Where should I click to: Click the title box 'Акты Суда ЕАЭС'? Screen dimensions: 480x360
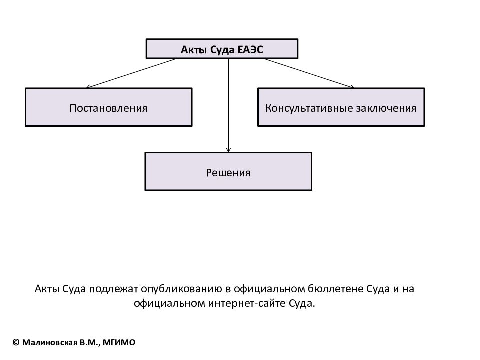(x=222, y=49)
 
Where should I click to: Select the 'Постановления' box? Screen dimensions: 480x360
(x=109, y=107)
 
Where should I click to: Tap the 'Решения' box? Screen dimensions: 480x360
(x=228, y=171)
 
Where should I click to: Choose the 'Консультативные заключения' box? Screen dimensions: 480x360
(x=341, y=107)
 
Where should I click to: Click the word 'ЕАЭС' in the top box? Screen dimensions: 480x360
(x=250, y=49)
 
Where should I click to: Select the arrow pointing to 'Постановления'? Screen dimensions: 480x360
(x=131, y=73)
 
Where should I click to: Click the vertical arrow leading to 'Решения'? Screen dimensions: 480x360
(x=228, y=105)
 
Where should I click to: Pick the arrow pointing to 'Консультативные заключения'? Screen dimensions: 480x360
(x=309, y=73)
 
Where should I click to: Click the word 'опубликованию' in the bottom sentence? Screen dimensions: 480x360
(x=182, y=289)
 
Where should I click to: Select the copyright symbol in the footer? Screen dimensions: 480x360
(x=16, y=342)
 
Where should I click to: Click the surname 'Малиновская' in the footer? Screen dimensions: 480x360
(x=50, y=342)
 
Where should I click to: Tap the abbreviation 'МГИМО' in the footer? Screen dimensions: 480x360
(x=119, y=342)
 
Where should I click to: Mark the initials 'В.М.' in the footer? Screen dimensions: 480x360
(x=89, y=342)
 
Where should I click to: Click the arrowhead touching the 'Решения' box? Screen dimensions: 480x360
(x=228, y=150)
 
